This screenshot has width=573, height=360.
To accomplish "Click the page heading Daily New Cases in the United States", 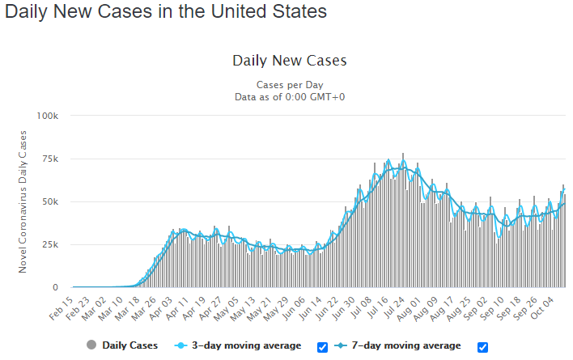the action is pyautogui.click(x=166, y=11).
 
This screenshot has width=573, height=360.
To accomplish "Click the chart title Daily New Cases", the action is pyautogui.click(x=290, y=61).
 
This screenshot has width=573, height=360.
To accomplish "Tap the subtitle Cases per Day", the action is pyautogui.click(x=290, y=85).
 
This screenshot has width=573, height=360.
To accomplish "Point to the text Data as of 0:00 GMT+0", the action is pyautogui.click(x=290, y=97).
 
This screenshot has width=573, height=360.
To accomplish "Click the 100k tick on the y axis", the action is pyautogui.click(x=47, y=116).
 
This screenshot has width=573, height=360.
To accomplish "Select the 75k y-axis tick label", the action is pyautogui.click(x=50, y=159).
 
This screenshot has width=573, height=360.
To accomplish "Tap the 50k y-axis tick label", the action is pyautogui.click(x=50, y=202).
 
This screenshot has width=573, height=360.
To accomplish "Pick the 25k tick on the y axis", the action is pyautogui.click(x=50, y=245).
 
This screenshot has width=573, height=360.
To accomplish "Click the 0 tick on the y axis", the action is pyautogui.click(x=55, y=288).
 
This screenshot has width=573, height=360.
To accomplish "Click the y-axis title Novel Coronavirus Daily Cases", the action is pyautogui.click(x=23, y=201).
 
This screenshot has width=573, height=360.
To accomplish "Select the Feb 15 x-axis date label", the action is pyautogui.click(x=62, y=309).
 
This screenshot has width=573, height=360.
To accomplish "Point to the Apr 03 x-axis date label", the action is pyautogui.click(x=161, y=309).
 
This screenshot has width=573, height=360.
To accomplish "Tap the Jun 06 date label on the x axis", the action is pyautogui.click(x=294, y=309).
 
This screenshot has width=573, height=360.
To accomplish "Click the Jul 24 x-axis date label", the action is pyautogui.click(x=394, y=309).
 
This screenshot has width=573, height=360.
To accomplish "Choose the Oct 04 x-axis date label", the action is pyautogui.click(x=542, y=308).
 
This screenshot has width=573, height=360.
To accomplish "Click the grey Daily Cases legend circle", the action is pyautogui.click(x=91, y=345).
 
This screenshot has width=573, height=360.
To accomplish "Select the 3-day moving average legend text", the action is pyautogui.click(x=247, y=345).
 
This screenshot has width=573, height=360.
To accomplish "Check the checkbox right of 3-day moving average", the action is pyautogui.click(x=322, y=347).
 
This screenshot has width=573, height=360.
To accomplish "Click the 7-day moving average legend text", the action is pyautogui.click(x=406, y=345).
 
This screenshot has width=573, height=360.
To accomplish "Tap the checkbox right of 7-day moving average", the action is pyautogui.click(x=482, y=347).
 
